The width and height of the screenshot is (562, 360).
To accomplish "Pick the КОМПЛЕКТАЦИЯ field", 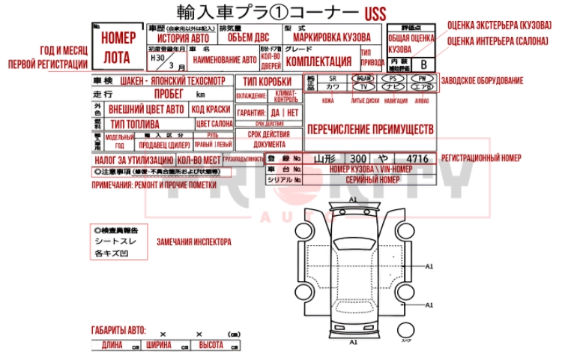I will click(319, 61).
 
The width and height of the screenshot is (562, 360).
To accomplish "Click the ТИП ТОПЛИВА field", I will click(134, 124).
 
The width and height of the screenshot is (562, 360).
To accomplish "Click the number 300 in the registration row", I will click(358, 158).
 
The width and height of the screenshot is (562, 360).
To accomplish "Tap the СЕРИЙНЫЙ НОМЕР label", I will click(371, 180).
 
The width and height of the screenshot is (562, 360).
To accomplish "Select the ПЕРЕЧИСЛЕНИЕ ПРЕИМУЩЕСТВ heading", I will click(370, 129).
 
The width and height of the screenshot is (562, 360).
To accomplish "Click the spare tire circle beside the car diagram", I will click(407, 329).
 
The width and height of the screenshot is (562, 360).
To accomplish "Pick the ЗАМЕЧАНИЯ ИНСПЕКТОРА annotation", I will click(193, 242).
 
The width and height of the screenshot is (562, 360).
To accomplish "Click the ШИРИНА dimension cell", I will click(164, 346).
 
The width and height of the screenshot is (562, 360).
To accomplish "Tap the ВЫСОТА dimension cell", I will click(217, 346).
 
